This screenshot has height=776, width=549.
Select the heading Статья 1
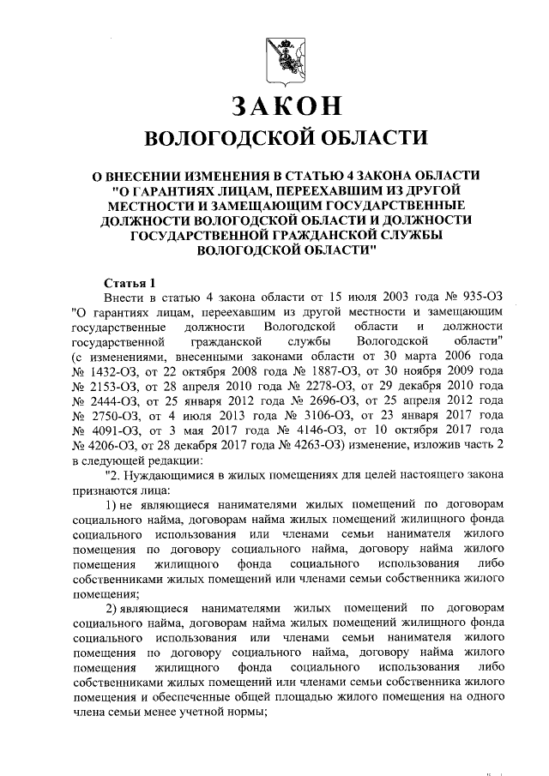click(x=130, y=282)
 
